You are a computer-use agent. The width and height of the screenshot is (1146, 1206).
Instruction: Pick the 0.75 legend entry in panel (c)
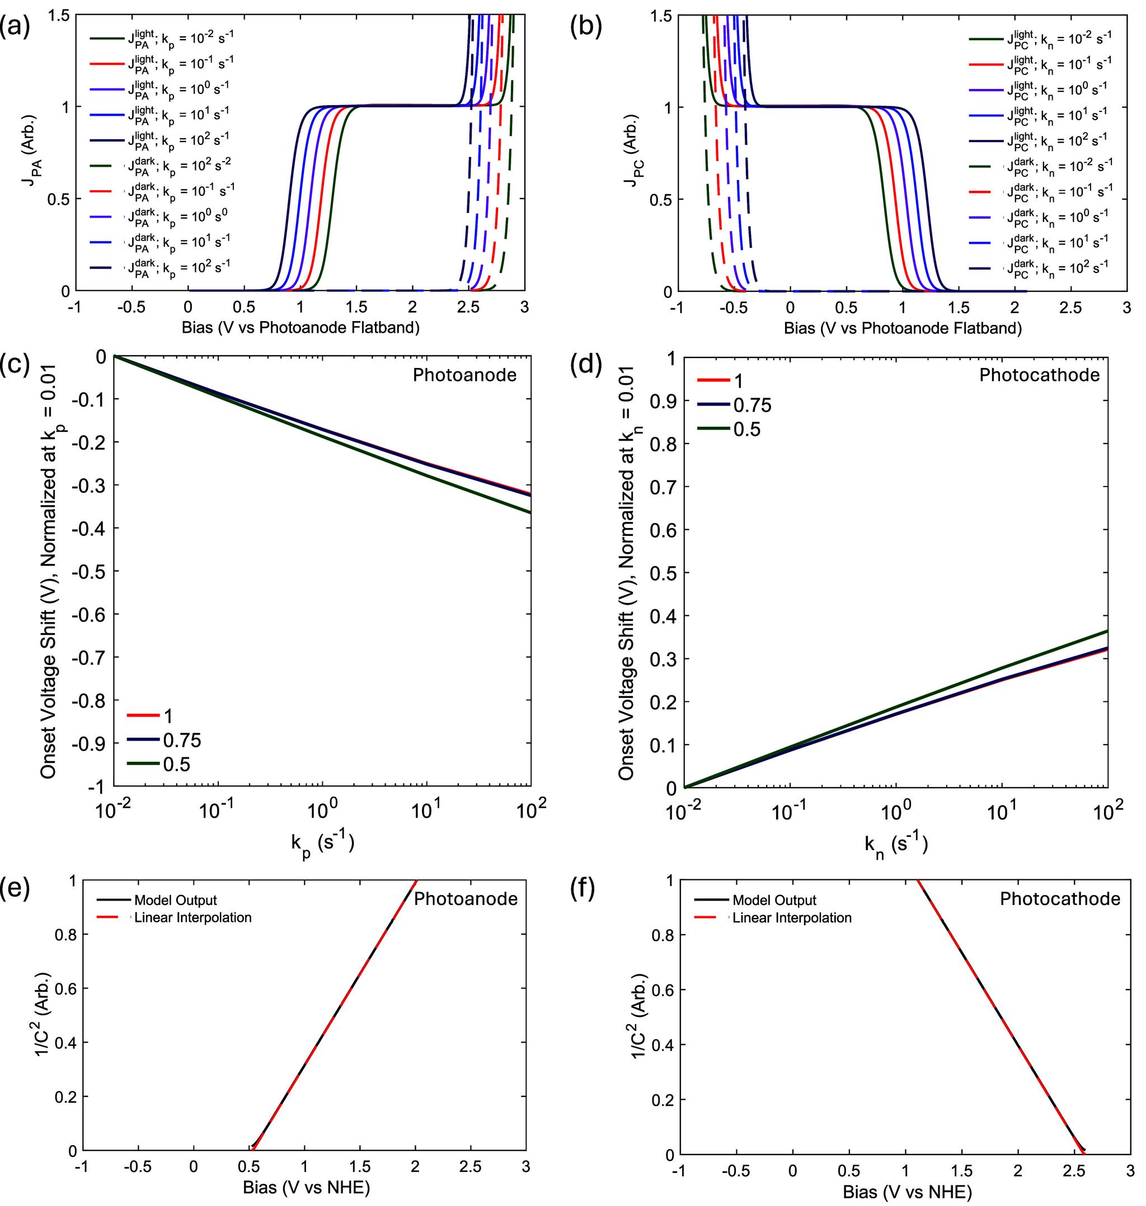click(x=181, y=740)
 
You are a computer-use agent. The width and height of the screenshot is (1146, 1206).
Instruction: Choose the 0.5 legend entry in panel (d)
click(x=746, y=429)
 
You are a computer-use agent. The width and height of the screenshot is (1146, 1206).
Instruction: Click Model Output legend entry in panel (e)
click(x=175, y=900)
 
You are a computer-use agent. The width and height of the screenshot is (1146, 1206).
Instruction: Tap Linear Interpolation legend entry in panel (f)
click(x=792, y=918)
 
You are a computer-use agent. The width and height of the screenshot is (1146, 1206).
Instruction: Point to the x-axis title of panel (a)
click(x=300, y=328)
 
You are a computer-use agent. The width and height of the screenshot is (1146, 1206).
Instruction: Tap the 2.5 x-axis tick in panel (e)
click(x=471, y=1167)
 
